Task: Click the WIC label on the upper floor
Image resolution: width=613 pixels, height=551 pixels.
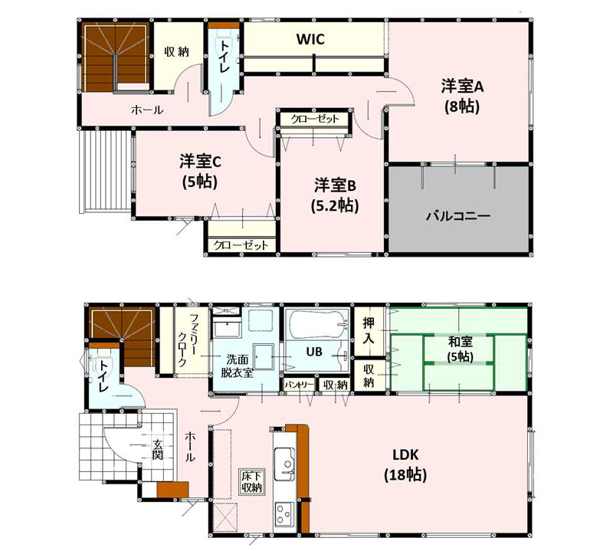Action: coord(310,40)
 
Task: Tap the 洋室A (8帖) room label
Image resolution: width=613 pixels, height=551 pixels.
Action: coord(463,97)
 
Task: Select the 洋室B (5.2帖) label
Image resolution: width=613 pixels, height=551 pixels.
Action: coord(335,195)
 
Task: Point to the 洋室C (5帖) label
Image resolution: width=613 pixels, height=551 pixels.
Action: coord(200,172)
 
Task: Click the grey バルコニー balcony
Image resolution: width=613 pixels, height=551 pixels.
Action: coord(458,209)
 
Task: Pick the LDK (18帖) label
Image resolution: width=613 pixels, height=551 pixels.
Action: coord(405,465)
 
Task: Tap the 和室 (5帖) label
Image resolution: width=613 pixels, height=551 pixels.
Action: coord(461,349)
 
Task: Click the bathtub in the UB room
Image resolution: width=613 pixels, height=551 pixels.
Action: coord(317,324)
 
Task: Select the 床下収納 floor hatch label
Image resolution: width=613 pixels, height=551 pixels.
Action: coord(251,482)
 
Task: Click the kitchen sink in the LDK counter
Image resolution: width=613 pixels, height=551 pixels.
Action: coord(284,464)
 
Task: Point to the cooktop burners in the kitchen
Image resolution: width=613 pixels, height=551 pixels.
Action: coord(284,514)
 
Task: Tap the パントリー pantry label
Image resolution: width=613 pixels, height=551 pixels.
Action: coord(299,385)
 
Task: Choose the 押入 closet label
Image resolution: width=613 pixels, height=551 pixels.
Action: coord(369,330)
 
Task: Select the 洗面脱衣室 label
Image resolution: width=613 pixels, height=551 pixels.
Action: coord(238,366)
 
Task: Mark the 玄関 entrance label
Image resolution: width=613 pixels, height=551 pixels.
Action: coord(158,449)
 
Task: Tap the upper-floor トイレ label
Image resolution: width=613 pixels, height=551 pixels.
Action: coord(225,56)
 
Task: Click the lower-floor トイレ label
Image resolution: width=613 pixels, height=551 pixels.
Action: coord(103,376)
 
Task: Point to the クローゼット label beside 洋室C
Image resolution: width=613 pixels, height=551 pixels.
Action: coord(241,245)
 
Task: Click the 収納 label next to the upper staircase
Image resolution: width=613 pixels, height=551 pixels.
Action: coord(177,51)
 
